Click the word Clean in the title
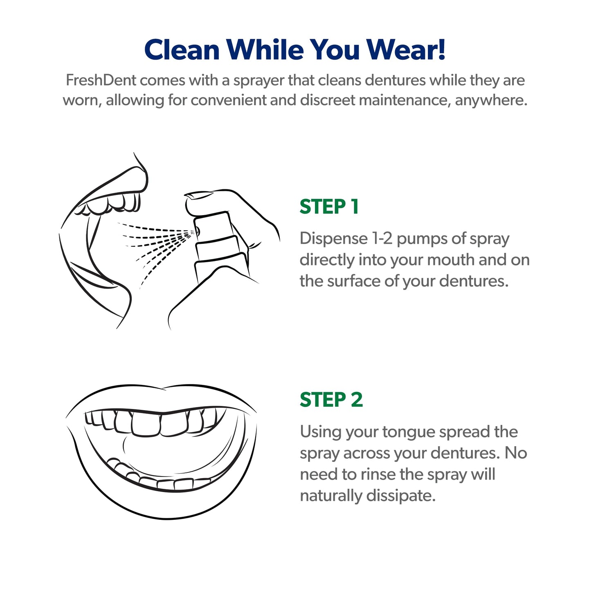[182, 50]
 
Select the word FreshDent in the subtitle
[101, 81]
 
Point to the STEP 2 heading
[331, 400]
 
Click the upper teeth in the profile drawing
[115, 203]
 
